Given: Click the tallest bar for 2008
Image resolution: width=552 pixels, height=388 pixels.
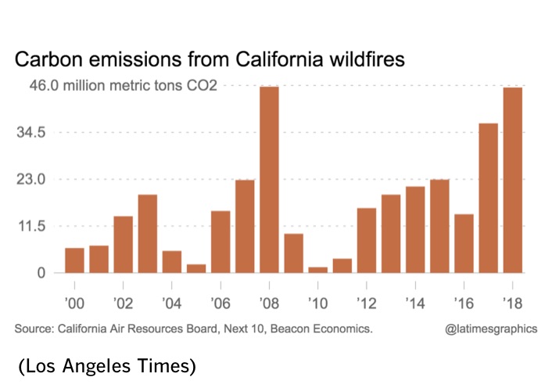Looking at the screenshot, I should pyautogui.click(x=269, y=179).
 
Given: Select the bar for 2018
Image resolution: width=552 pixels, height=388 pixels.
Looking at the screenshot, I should pyautogui.click(x=512, y=180).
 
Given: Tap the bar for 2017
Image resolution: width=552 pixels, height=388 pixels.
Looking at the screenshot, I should pyautogui.click(x=488, y=198).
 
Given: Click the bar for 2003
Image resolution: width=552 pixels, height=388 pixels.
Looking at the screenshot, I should pyautogui.click(x=148, y=233).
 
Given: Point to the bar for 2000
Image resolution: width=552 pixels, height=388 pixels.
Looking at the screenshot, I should pyautogui.click(x=75, y=260).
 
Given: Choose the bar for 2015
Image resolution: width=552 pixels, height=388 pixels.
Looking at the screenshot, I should pyautogui.click(x=439, y=226).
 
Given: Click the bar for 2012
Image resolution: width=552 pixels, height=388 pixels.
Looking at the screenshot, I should pyautogui.click(x=366, y=240).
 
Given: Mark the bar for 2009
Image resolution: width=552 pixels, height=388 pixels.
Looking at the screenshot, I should pyautogui.click(x=293, y=253).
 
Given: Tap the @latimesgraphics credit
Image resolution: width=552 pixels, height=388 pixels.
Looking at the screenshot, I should pyautogui.click(x=491, y=329).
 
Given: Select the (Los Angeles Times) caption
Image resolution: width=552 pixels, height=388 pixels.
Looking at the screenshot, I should pyautogui.click(x=106, y=365).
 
